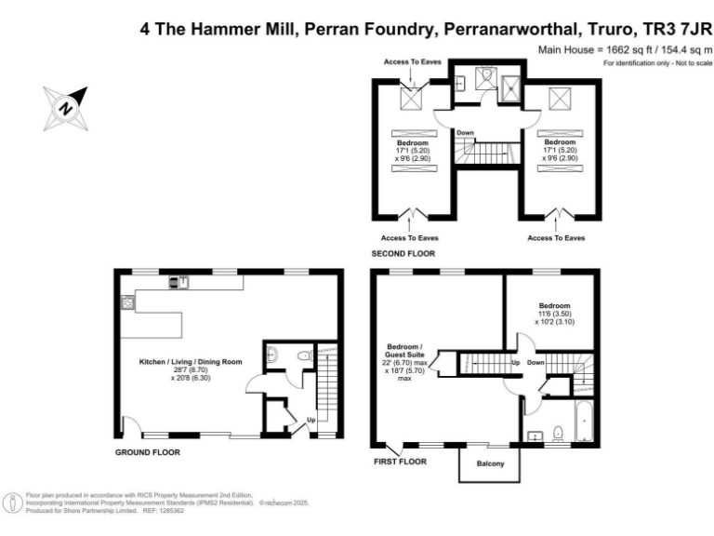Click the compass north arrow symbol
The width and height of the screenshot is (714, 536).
click(x=65, y=107)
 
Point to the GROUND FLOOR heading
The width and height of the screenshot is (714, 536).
click(x=147, y=452)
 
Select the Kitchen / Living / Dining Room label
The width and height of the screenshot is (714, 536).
click(x=190, y=360)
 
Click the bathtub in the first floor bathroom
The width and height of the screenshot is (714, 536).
click(x=584, y=421)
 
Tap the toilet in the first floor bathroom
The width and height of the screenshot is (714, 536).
click(x=558, y=432)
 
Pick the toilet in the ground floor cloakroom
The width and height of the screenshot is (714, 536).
click(x=304, y=355)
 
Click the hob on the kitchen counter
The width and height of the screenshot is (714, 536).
click(x=126, y=301)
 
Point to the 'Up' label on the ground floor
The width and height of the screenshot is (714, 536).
click(x=311, y=420)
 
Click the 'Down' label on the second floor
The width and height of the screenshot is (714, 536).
click(x=466, y=133)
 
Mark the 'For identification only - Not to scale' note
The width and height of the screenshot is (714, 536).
click(x=657, y=62)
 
